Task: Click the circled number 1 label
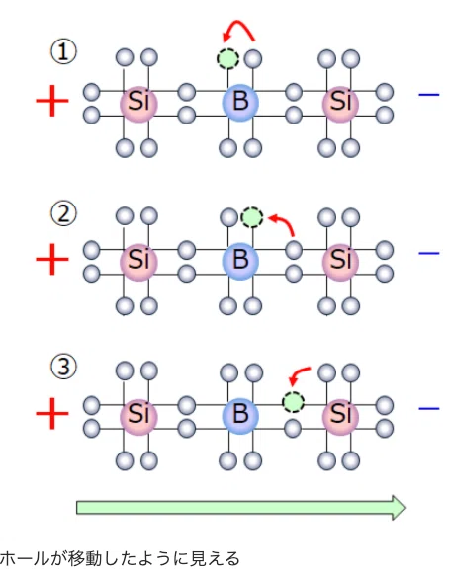[x=63, y=52]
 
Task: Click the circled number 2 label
[x=63, y=213]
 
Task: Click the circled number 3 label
[x=63, y=367]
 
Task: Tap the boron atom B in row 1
[x=240, y=102]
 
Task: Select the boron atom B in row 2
[x=240, y=261]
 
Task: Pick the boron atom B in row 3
[x=240, y=415]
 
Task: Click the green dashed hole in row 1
[x=227, y=58]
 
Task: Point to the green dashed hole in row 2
[x=252, y=216]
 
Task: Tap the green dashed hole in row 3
[x=293, y=401]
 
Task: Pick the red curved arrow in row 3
[x=297, y=371]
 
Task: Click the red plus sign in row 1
[x=52, y=101]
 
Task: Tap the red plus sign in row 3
[x=52, y=413]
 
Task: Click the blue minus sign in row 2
[x=429, y=253]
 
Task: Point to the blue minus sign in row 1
[x=429, y=95]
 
